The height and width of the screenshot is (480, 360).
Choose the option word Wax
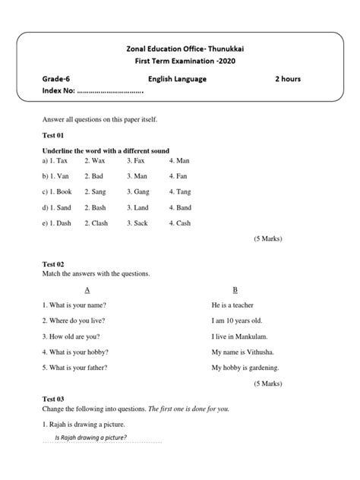coord(99,161)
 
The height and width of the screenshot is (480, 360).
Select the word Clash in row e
coord(100,223)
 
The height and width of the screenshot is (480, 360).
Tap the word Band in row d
coord(185,207)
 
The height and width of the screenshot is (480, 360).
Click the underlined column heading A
coord(88,290)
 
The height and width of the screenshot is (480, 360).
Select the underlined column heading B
coord(235,290)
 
